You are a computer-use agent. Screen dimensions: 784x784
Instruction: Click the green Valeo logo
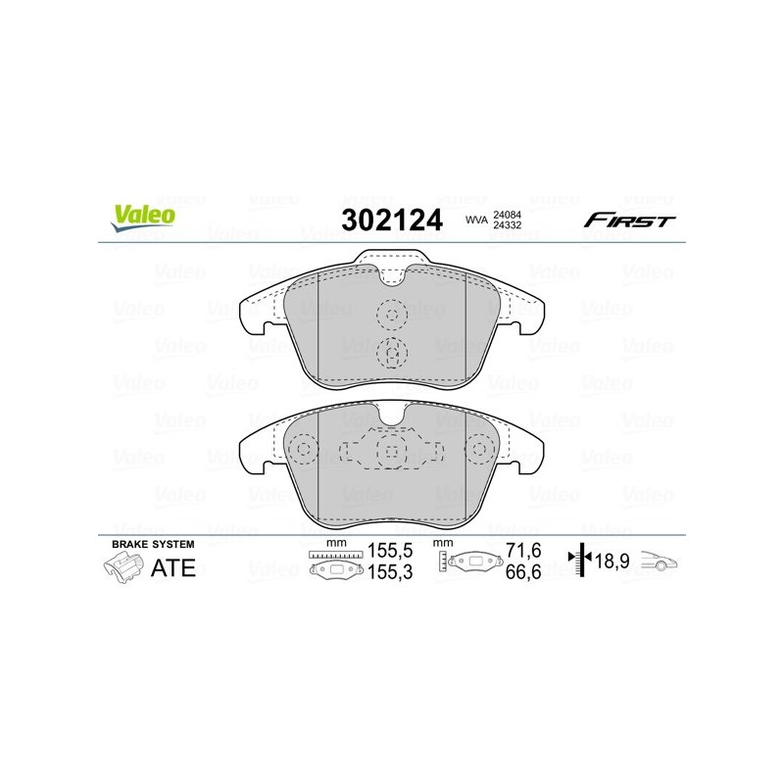(x=143, y=218)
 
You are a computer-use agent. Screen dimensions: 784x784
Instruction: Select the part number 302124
(x=392, y=220)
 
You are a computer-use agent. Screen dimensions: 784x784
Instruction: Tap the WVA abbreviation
(x=476, y=220)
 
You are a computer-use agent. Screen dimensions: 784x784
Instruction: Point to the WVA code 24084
(x=507, y=215)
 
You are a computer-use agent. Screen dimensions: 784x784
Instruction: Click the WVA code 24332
(x=507, y=225)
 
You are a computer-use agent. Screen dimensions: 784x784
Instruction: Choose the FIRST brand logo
(x=629, y=220)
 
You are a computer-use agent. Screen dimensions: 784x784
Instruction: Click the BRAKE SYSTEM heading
(x=153, y=544)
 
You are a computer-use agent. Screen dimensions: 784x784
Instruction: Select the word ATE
(x=173, y=568)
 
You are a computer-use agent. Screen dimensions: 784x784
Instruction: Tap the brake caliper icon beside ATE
(x=123, y=569)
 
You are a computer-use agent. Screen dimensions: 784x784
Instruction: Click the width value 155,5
(x=390, y=551)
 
